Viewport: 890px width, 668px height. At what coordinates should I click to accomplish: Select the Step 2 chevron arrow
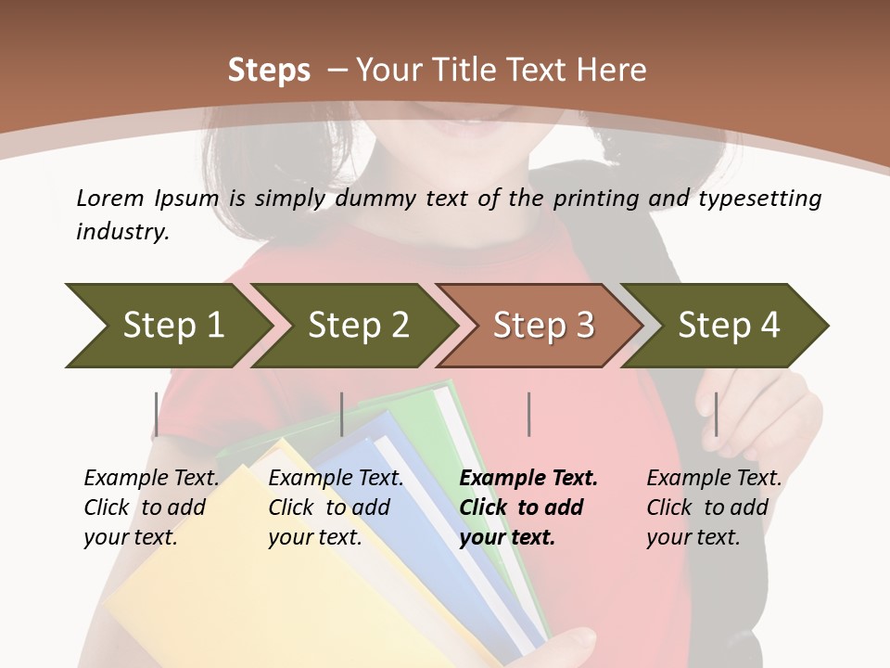(x=357, y=326)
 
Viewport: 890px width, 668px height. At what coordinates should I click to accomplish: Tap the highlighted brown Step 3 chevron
(x=542, y=326)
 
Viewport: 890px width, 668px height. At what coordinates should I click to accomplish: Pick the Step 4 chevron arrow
(x=728, y=326)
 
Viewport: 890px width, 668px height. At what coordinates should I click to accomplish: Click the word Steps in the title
(x=269, y=71)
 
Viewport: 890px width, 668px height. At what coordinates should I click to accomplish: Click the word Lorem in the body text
(x=110, y=198)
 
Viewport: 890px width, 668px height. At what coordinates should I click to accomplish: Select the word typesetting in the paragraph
(x=759, y=199)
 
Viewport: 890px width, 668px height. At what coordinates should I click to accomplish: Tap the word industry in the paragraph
(x=121, y=232)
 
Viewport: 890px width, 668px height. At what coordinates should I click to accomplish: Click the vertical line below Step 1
(x=156, y=414)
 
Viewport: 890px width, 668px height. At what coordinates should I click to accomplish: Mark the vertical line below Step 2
(x=342, y=414)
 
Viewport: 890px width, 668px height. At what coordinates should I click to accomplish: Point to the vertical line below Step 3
(x=528, y=414)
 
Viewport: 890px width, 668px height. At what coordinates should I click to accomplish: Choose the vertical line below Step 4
(x=715, y=414)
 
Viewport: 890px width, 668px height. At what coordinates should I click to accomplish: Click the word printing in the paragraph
(x=593, y=199)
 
